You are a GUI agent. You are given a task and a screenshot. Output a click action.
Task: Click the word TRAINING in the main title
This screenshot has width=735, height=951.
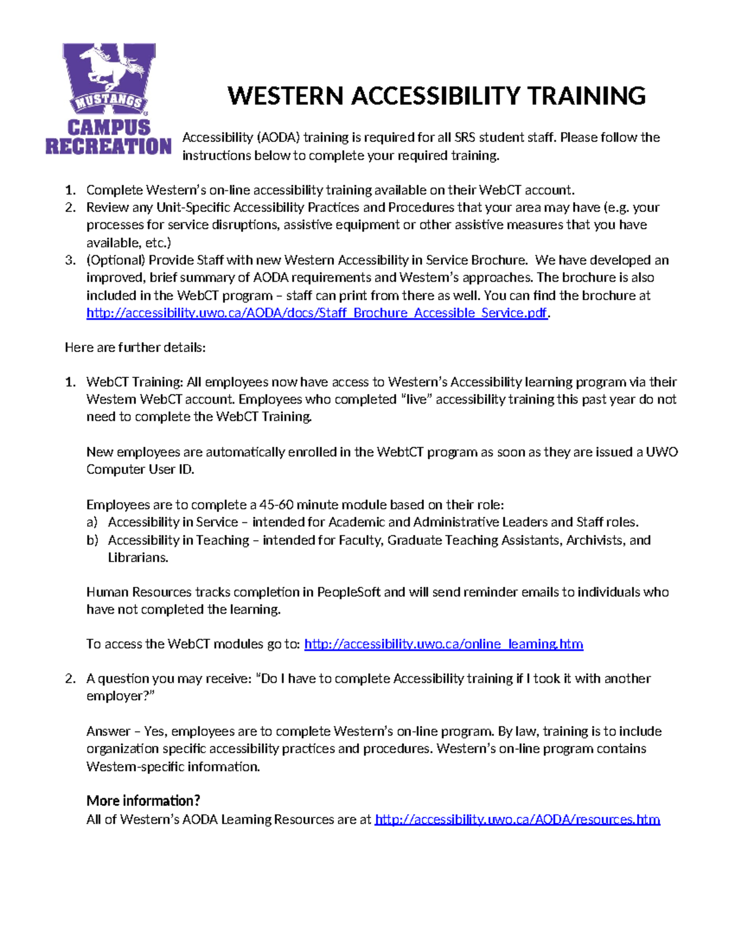point(586,97)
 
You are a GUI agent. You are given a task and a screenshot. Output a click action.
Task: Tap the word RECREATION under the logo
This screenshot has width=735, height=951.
point(108,146)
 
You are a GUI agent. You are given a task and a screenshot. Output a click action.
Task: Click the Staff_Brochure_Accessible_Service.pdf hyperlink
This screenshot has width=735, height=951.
point(316,313)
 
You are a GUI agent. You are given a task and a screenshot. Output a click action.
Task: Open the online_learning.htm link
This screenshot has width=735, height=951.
point(443,644)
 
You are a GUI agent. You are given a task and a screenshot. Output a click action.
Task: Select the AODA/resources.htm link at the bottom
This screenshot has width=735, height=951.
point(517,819)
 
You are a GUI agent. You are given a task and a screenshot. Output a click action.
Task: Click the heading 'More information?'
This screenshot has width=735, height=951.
point(143,801)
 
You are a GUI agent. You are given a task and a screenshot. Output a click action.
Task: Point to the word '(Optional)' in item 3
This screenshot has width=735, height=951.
point(115,260)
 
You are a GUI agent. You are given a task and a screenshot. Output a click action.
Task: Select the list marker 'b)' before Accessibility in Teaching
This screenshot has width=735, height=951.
point(92,540)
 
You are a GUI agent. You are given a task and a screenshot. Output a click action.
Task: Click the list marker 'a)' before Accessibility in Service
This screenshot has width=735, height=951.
point(92,522)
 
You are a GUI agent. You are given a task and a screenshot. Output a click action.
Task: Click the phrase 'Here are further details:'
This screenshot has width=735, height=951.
point(135,348)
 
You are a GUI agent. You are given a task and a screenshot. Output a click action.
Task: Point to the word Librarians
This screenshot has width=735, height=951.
point(138,558)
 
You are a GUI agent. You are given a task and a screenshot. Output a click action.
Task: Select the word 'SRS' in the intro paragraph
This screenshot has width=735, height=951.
point(464,138)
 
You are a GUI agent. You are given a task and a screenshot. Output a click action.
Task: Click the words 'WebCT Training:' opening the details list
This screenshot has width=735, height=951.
point(134,382)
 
